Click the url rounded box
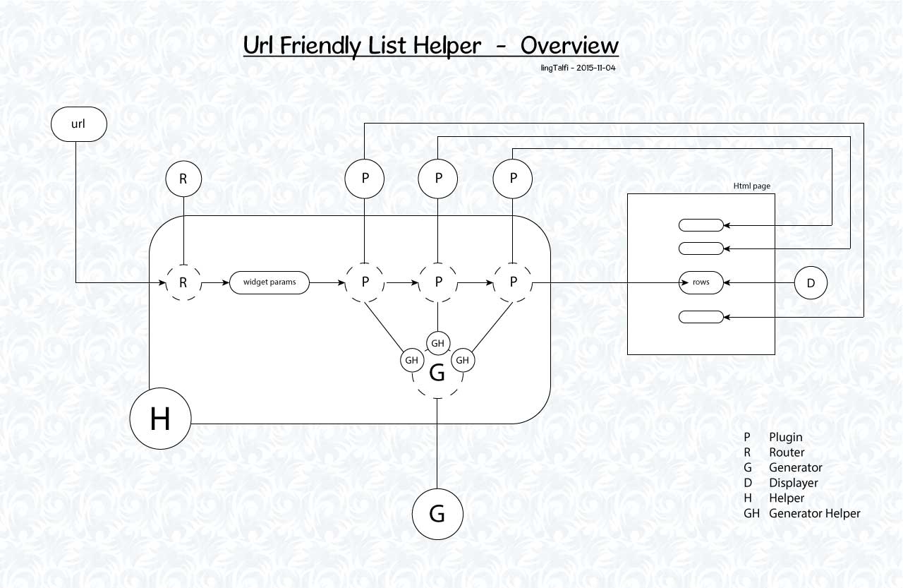(x=78, y=125)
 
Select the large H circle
(x=161, y=419)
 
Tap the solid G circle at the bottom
(x=437, y=514)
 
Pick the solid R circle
(x=183, y=179)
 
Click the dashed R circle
(x=183, y=283)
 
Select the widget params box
(x=269, y=283)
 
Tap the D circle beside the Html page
(x=811, y=283)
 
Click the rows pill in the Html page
(x=701, y=283)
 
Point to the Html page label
(x=751, y=186)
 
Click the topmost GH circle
(x=437, y=343)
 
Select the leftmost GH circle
(x=412, y=360)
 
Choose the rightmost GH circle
(x=463, y=360)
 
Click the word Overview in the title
(x=569, y=45)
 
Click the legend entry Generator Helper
(x=814, y=513)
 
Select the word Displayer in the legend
(x=793, y=483)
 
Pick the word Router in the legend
(x=787, y=452)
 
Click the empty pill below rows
(x=701, y=318)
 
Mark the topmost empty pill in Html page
(x=701, y=226)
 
